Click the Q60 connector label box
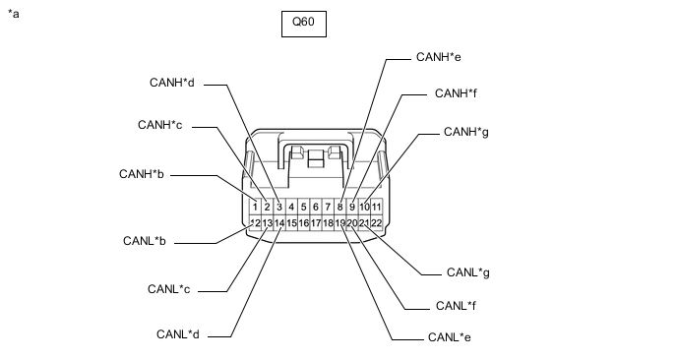(x=304, y=24)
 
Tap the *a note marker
(x=14, y=14)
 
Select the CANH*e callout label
(x=438, y=57)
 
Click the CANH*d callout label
(x=172, y=83)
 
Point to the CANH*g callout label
(x=465, y=132)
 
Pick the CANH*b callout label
(x=141, y=174)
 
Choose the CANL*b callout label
(x=145, y=240)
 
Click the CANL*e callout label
(x=449, y=337)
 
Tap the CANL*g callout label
(x=468, y=272)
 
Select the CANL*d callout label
(x=178, y=334)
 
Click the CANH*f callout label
(x=456, y=93)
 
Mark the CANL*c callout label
(x=169, y=289)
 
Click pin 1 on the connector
(x=255, y=207)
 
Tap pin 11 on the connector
(x=377, y=207)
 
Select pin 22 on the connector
(x=377, y=222)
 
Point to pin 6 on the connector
(x=316, y=207)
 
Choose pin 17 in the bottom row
(x=316, y=222)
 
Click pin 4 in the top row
(x=291, y=207)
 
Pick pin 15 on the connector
(x=291, y=222)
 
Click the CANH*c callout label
(x=159, y=125)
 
